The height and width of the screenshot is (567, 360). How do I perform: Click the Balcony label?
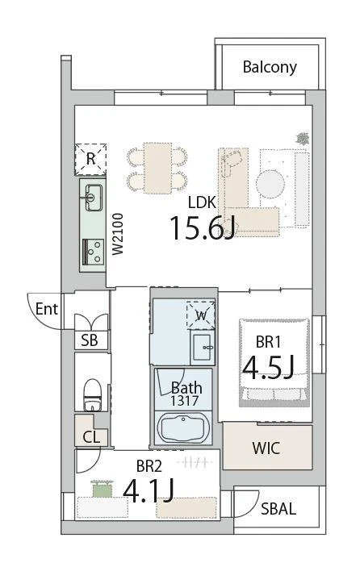[270, 67]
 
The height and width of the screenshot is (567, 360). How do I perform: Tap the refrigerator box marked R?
[91, 159]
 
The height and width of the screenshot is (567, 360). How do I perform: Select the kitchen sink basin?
[94, 198]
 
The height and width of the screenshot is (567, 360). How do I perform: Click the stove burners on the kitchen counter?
[94, 252]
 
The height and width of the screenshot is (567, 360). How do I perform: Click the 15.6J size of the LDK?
[203, 227]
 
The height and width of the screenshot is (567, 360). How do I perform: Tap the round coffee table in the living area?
[270, 184]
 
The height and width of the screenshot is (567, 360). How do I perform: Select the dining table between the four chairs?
[157, 168]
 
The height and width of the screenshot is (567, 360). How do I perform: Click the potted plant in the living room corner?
[302, 139]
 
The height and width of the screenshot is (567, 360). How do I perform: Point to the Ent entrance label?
[47, 309]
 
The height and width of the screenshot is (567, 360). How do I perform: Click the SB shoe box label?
[90, 340]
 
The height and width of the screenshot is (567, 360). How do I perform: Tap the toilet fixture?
[92, 395]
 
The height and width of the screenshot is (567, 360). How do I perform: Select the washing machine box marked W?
[201, 315]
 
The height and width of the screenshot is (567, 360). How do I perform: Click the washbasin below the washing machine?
[203, 348]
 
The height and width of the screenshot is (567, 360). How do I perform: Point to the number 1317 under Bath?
[184, 401]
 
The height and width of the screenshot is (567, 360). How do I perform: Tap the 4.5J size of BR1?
[268, 367]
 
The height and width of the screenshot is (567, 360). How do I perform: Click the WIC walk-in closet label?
[266, 448]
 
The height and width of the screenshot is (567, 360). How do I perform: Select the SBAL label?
[278, 509]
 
